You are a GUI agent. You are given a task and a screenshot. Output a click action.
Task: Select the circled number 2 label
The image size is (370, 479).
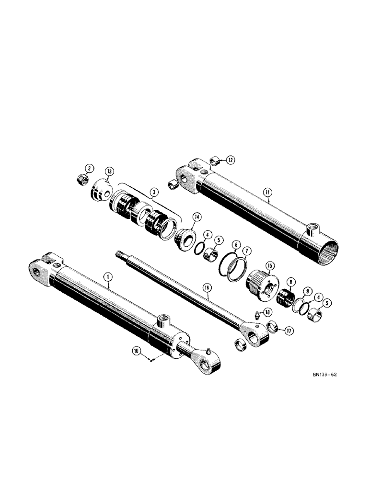[x=89, y=168]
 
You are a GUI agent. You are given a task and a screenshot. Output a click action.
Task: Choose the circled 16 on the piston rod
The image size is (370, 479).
[x=207, y=287]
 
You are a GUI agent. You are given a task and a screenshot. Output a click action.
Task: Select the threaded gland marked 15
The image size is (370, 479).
[x=259, y=285]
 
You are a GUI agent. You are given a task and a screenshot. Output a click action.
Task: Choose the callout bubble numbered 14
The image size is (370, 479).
[x=196, y=217]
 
